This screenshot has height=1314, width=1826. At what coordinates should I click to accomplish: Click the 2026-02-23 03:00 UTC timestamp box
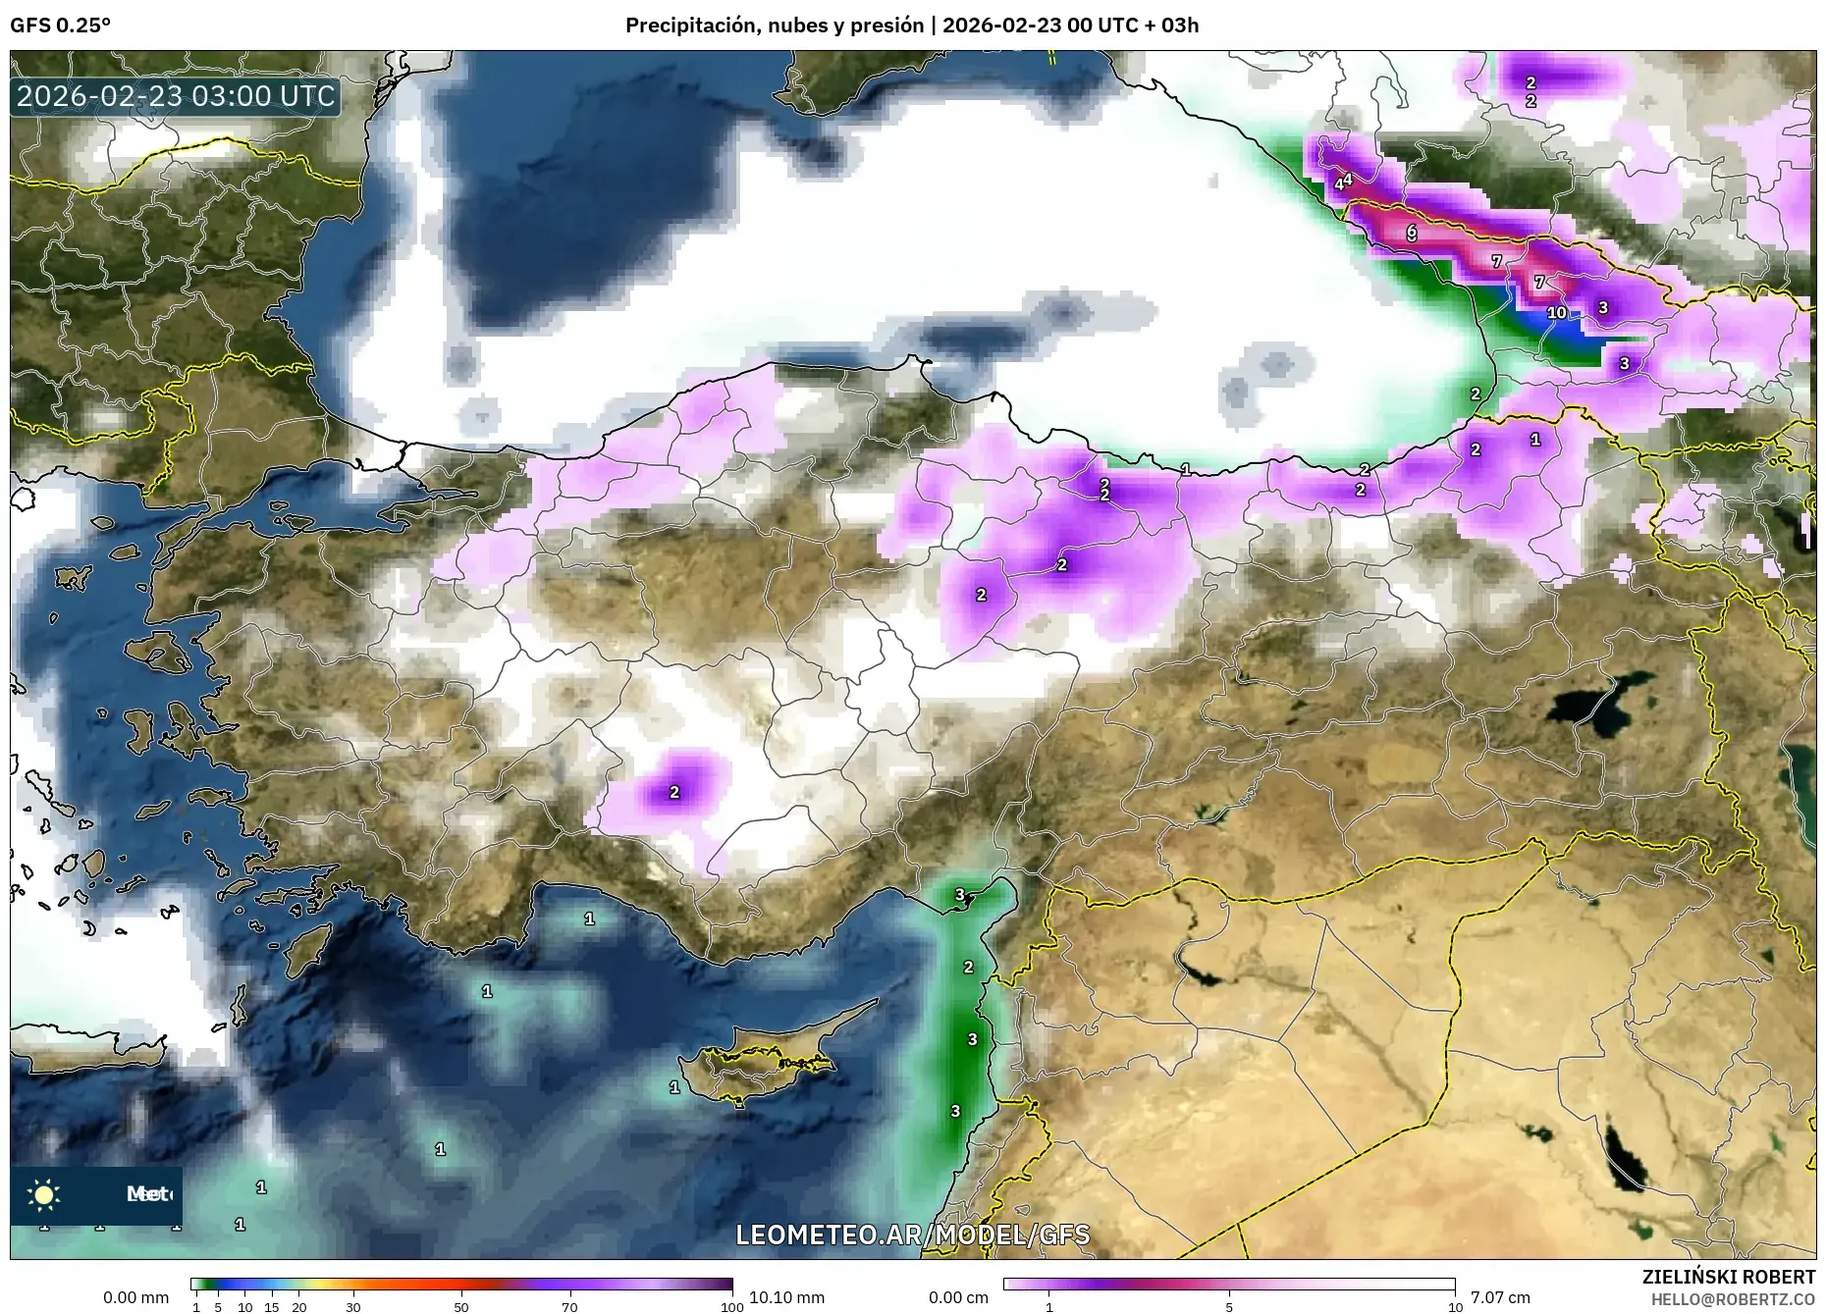coord(176,97)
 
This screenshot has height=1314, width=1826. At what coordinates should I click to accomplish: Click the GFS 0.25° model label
coord(60,26)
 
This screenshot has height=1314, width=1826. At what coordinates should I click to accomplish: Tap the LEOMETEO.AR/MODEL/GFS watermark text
coord(912,1235)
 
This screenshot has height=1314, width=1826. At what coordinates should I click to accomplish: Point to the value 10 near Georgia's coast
coord(1557,313)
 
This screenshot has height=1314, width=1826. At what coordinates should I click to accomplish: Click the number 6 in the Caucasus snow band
coord(1412,233)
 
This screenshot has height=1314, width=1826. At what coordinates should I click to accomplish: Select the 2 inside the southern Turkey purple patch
coord(674,792)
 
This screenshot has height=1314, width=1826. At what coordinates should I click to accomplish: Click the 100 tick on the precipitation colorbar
coord(732,1307)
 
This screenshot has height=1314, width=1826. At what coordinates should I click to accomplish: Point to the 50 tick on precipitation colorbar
coord(461,1307)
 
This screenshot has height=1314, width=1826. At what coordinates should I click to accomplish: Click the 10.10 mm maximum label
coord(786,1297)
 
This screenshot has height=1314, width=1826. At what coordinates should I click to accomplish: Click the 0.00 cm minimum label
coord(959,1297)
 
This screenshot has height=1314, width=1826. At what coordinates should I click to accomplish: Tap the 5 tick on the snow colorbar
coord(1229,1307)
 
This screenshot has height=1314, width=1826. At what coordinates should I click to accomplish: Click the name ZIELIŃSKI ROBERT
coord(1728,1277)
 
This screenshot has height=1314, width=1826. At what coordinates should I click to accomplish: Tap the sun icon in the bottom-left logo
coord(44,1194)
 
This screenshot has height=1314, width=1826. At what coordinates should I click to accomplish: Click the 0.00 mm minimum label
coord(135,1297)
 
